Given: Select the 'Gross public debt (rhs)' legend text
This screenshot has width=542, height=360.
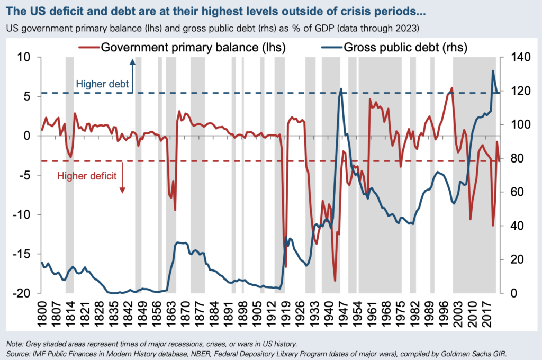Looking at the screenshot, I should tap(405, 48).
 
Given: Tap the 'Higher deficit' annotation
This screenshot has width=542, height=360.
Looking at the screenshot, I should tap(87, 176).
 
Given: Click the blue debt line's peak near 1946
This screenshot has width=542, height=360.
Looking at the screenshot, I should tap(341, 89).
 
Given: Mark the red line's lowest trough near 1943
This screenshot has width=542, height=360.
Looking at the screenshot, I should tap(335, 281).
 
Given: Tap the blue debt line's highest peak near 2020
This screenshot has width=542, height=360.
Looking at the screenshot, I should tap(493, 71).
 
